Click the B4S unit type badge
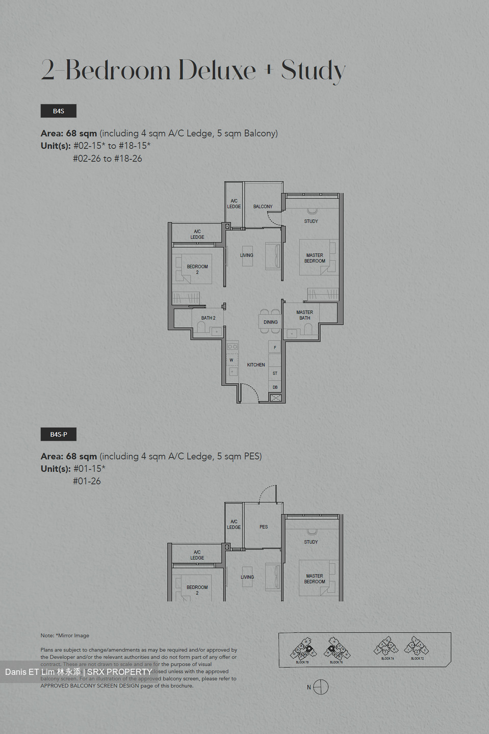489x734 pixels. (59, 111)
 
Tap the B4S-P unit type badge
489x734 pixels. (59, 434)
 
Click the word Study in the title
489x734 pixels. (313, 70)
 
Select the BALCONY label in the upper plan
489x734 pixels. (263, 206)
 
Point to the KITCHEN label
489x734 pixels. (256, 365)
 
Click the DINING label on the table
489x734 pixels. (271, 322)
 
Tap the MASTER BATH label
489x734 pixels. (304, 315)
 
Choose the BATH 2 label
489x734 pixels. (208, 318)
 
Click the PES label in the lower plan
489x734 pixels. (264, 527)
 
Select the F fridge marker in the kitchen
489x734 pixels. (275, 348)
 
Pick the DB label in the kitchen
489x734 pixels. (275, 387)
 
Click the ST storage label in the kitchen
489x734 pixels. (275, 374)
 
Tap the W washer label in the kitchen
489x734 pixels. (231, 360)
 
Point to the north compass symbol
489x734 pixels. (321, 687)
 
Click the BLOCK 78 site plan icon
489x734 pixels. (303, 650)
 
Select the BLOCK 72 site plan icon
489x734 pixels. (417, 647)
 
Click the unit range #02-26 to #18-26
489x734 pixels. (108, 159)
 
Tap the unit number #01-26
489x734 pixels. (87, 481)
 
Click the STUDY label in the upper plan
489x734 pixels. (311, 221)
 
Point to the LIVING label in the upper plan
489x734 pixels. (247, 255)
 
